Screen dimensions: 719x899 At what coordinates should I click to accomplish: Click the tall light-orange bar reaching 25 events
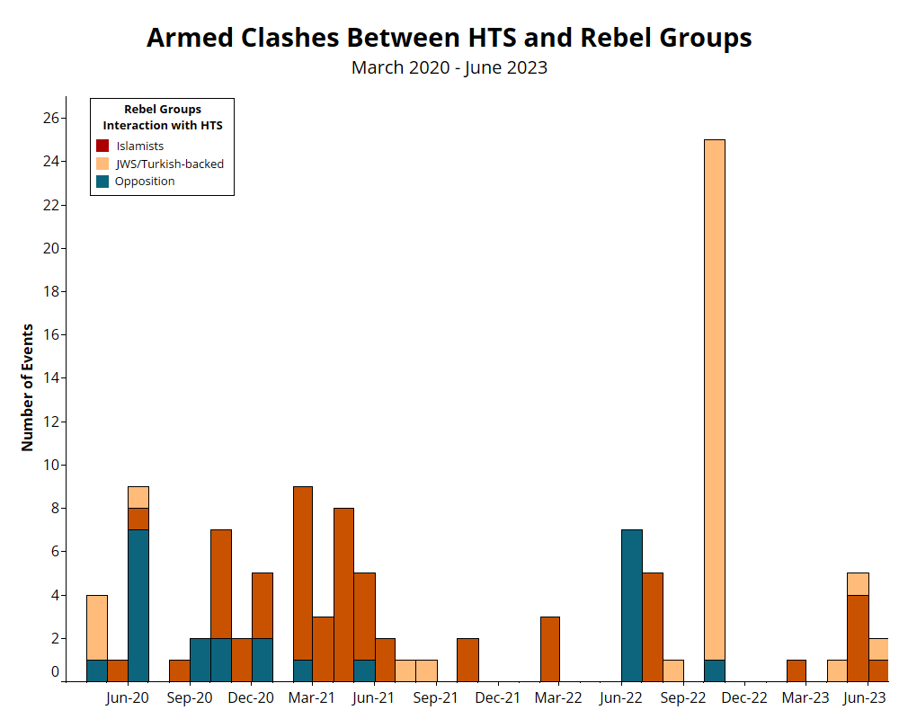(x=714, y=395)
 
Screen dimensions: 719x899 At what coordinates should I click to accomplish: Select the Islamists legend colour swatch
(x=102, y=146)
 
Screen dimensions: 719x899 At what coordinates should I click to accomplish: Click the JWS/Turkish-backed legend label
(x=169, y=164)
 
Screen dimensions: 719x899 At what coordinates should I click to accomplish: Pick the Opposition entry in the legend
(x=144, y=181)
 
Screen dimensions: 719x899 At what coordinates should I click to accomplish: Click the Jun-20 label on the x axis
(x=128, y=697)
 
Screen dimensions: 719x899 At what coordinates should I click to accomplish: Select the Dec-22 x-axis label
(x=744, y=697)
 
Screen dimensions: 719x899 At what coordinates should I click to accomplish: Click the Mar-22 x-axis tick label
(x=559, y=697)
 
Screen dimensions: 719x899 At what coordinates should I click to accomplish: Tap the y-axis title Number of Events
(x=27, y=386)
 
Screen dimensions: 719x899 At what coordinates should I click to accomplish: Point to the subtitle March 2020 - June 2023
(x=449, y=67)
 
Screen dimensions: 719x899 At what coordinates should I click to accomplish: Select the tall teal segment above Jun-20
(x=138, y=605)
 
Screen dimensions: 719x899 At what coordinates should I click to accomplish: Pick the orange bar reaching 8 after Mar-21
(x=343, y=594)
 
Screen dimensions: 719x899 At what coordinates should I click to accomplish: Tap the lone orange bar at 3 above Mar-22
(x=549, y=648)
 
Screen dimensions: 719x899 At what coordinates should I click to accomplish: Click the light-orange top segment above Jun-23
(x=858, y=583)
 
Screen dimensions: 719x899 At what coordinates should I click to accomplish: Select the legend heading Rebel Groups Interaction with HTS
(x=162, y=117)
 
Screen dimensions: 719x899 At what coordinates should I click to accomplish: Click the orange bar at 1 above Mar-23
(x=796, y=670)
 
